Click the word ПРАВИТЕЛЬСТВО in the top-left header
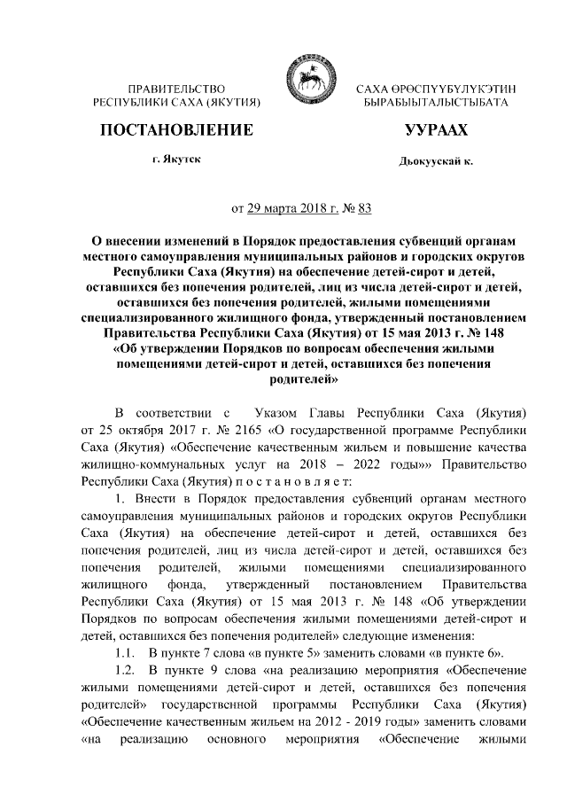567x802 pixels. point(176,90)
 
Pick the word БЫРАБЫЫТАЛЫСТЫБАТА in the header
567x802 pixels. point(436,104)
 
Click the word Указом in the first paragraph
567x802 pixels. point(283,414)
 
